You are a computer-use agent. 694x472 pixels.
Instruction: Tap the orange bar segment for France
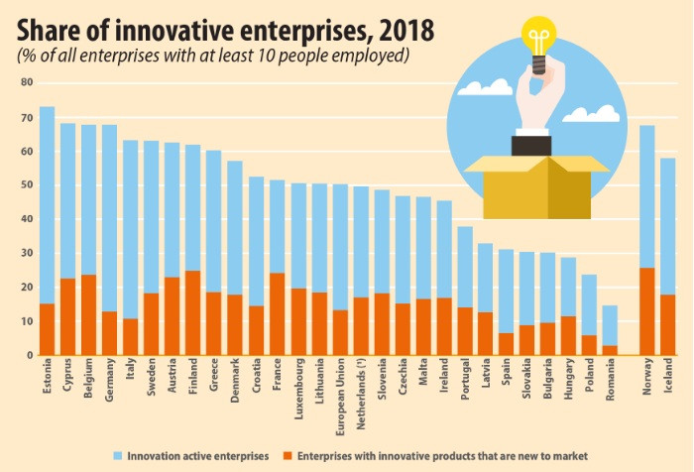tap(277, 313)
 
